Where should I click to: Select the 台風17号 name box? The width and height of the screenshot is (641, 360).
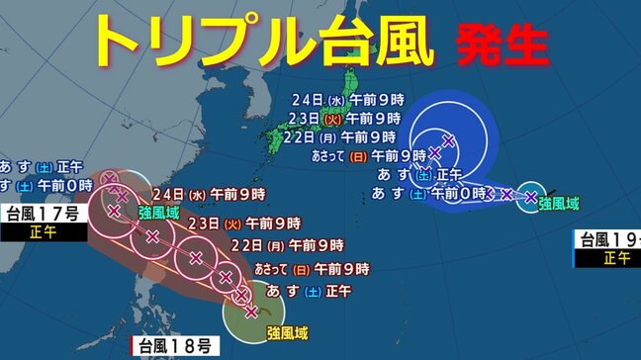(41, 214)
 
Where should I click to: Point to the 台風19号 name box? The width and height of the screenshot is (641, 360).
(608, 238)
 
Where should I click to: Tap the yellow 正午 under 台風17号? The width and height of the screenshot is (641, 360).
(41, 233)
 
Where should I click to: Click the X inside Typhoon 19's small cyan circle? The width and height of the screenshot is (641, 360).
(531, 198)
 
